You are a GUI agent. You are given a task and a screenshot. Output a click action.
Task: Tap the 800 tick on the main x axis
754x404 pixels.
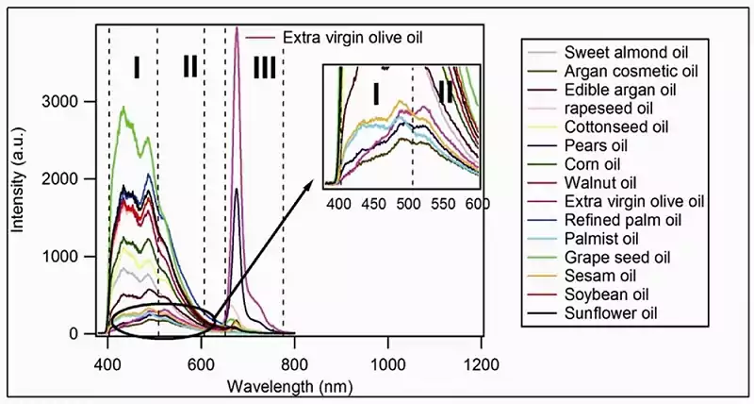[x=294, y=365]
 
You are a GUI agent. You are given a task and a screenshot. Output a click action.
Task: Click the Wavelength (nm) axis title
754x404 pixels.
[x=290, y=386]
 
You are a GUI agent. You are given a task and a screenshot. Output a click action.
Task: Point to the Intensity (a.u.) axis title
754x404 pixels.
[x=18, y=179]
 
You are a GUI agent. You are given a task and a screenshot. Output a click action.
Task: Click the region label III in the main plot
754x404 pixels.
[x=265, y=67]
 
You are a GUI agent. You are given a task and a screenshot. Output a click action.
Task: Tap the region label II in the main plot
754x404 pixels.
[x=190, y=66]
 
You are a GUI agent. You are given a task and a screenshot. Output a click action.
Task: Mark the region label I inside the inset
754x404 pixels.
[x=376, y=93]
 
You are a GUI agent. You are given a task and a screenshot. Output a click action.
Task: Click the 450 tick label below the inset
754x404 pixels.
[x=373, y=204]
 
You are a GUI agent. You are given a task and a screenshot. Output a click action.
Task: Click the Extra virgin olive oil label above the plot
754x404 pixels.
[x=352, y=38]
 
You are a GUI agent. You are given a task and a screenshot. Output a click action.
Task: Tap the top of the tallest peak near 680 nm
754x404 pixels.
[x=237, y=28]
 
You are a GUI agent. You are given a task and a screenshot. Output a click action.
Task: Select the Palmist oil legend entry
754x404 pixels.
[x=601, y=239]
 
